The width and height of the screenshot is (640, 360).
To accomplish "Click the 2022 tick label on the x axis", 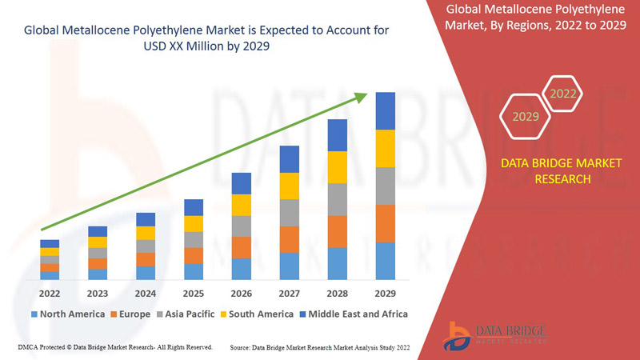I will (50, 293).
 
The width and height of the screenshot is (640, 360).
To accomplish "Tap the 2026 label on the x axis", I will (242, 293).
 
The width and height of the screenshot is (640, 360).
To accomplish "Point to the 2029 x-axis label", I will (386, 293).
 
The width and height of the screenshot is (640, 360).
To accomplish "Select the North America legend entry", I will (67, 314).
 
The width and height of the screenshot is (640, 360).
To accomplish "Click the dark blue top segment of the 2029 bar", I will (386, 110).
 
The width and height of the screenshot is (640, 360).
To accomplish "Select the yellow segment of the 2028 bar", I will (338, 166).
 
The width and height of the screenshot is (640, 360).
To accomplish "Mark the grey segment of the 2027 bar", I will (290, 212).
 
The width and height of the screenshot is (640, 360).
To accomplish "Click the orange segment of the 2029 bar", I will (386, 223).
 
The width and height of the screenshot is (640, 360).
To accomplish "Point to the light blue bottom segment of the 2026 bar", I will (242, 269).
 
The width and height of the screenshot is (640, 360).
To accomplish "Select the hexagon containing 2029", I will (526, 117).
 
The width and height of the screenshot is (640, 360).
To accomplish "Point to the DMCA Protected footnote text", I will (114, 347).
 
